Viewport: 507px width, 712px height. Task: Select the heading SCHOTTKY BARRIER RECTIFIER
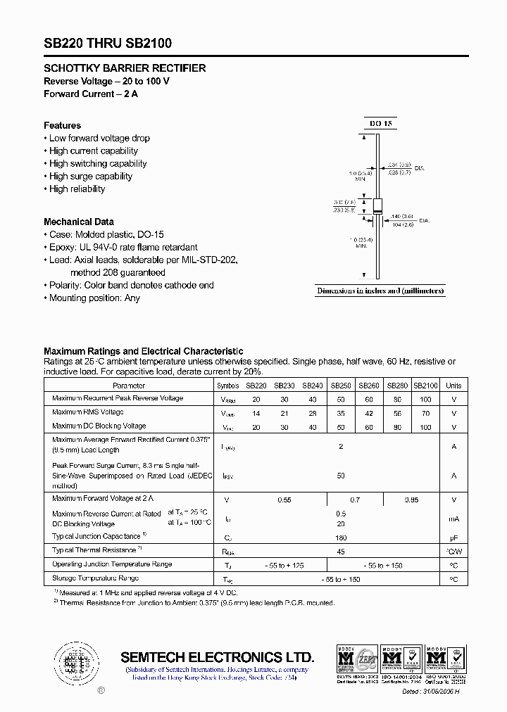125,68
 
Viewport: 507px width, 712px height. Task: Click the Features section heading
62,125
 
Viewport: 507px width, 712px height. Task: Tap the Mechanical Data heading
78,222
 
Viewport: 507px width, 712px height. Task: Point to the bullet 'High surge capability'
90,176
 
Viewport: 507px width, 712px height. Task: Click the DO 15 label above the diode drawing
381,124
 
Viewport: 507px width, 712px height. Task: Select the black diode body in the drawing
377,206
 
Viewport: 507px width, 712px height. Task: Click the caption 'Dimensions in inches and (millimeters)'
380,291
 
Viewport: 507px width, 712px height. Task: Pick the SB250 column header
341,386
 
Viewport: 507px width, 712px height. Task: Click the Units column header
453,386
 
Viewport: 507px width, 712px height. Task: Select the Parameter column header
129,386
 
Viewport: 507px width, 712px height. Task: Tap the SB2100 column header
425,386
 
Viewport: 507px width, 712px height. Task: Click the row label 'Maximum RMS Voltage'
87,412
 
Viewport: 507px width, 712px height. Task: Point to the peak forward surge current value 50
341,476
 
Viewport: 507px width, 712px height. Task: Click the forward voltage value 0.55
284,500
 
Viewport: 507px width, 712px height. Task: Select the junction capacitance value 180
341,537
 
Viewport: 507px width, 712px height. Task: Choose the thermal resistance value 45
341,552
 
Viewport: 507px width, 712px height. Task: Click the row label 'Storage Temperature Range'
95,578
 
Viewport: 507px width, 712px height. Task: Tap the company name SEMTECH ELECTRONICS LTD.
218,657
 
